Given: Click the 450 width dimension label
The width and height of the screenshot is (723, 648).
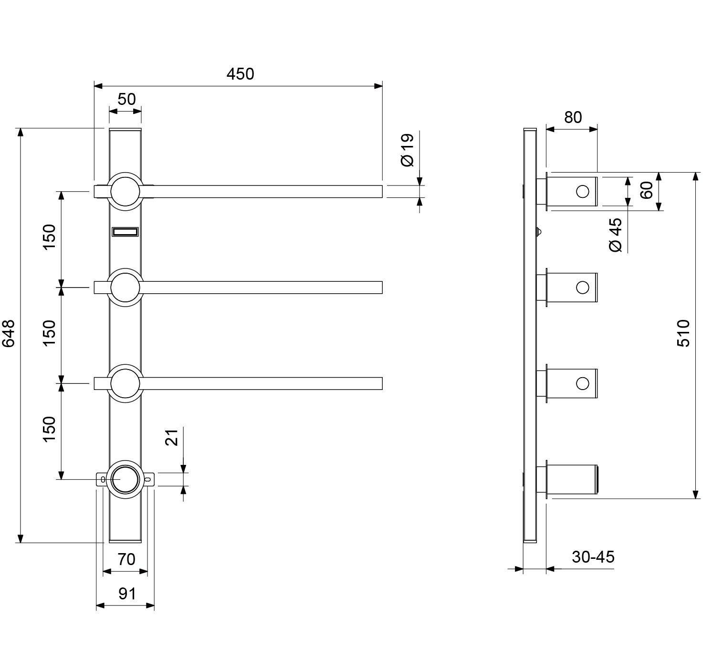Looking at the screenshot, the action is (240, 74).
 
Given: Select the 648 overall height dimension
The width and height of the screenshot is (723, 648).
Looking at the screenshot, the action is (9, 333).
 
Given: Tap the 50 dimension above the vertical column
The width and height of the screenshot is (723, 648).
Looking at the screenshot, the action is (126, 99).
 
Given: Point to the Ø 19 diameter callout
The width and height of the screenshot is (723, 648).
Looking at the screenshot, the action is (407, 150).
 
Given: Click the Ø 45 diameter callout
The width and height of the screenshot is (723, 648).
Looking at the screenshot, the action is (616, 236).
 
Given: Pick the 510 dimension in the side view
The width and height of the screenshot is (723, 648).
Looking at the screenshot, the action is (684, 333).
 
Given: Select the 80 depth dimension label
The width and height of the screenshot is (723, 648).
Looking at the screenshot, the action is (573, 117).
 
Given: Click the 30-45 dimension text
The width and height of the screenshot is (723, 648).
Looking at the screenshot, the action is (593, 557).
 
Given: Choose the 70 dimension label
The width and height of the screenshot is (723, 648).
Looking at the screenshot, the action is (126, 559).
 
